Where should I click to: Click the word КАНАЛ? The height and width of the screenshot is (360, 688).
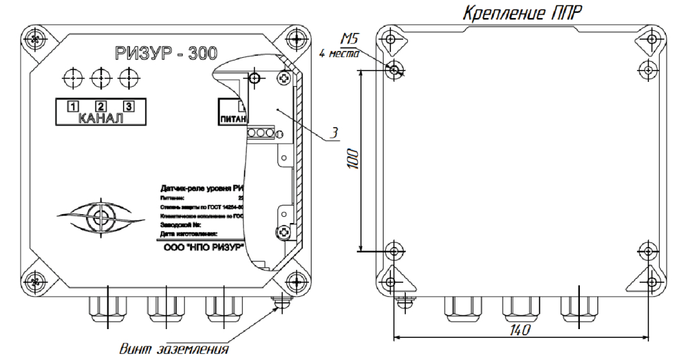click(101, 120)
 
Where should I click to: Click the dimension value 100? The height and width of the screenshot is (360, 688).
click(354, 160)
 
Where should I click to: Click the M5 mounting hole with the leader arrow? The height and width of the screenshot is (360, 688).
click(394, 69)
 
